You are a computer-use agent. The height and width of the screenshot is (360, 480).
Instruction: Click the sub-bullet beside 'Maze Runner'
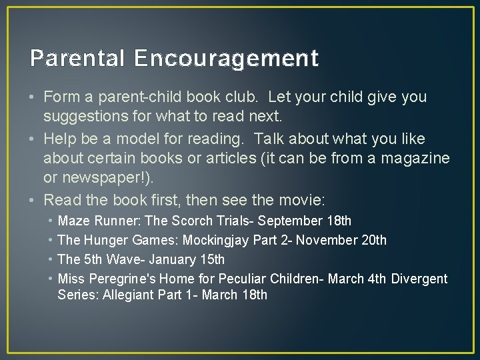pos(50,221)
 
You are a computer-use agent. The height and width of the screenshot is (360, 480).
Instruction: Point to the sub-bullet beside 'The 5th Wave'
pos(50,259)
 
